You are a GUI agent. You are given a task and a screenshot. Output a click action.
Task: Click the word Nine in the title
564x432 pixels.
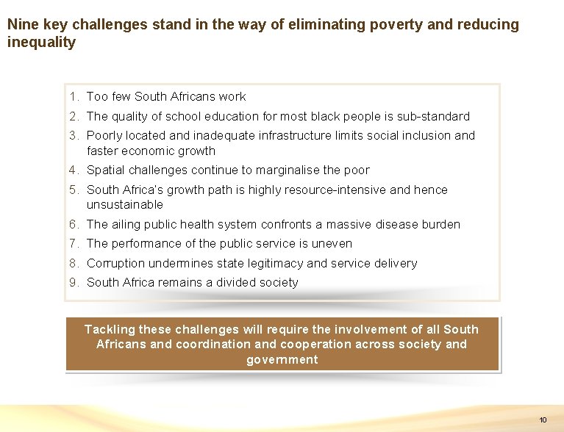click(x=21, y=25)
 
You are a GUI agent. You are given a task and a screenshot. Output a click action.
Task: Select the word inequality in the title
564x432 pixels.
click(x=41, y=43)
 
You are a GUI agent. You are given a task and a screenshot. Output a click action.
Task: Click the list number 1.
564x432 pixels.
click(x=74, y=97)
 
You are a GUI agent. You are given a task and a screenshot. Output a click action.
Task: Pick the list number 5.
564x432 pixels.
click(x=74, y=190)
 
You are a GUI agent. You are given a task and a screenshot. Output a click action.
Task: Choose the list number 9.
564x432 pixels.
click(x=74, y=283)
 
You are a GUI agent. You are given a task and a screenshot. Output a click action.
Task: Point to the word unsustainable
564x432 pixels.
click(x=125, y=205)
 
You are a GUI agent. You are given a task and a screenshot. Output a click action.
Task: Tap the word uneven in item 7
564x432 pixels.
click(x=333, y=244)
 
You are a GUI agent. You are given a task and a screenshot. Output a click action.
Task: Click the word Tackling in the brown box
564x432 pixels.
click(x=109, y=330)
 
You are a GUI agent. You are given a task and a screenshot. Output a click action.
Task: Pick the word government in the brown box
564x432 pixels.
click(x=282, y=360)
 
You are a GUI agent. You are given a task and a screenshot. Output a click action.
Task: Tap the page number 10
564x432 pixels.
click(x=543, y=420)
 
